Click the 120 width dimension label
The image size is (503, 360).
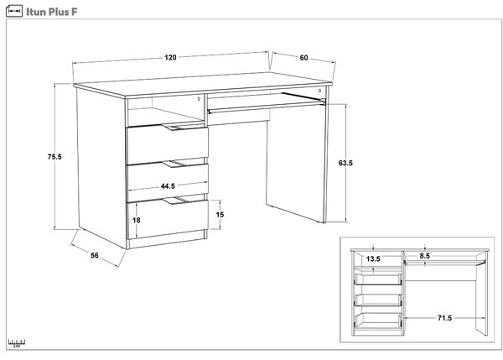tap(170, 58)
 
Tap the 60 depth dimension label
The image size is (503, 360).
tap(303, 58)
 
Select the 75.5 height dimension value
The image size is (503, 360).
tap(54, 157)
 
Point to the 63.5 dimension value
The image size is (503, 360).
tap(345, 163)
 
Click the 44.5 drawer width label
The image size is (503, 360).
tap(168, 186)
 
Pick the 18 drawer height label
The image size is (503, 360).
tap(137, 221)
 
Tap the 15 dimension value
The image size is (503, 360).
tap(220, 215)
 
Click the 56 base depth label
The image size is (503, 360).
tap(95, 256)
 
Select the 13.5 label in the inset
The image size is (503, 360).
tap(373, 258)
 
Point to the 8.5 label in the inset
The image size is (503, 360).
tap(424, 256)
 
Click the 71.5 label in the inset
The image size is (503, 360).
tap(444, 318)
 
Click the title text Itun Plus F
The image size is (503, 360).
tap(52, 12)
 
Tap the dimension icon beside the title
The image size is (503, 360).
tap(14, 11)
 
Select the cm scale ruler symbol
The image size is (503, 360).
tap(17, 343)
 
